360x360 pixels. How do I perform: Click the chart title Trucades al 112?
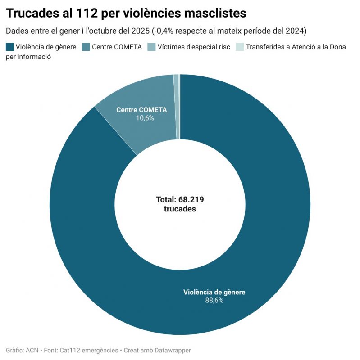pyautogui.click(x=126, y=13)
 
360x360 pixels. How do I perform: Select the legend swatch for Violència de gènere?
pyautogui.click(x=10, y=47)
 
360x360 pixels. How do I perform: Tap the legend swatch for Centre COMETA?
pyautogui.click(x=86, y=47)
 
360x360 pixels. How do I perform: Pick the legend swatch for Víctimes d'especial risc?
pyautogui.click(x=152, y=47)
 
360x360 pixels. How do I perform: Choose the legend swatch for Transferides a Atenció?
pyautogui.click(x=240, y=47)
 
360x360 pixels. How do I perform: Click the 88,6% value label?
pyautogui.click(x=214, y=300)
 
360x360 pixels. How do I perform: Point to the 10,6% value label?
pyautogui.click(x=145, y=118)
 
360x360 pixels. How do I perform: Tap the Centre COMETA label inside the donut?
pyautogui.click(x=141, y=110)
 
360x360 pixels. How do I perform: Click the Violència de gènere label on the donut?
pyautogui.click(x=214, y=292)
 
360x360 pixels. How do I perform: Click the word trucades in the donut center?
pyautogui.click(x=180, y=209)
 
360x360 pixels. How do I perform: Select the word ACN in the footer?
pyautogui.click(x=32, y=350)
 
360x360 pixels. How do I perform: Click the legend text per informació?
pyautogui.click(x=28, y=57)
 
